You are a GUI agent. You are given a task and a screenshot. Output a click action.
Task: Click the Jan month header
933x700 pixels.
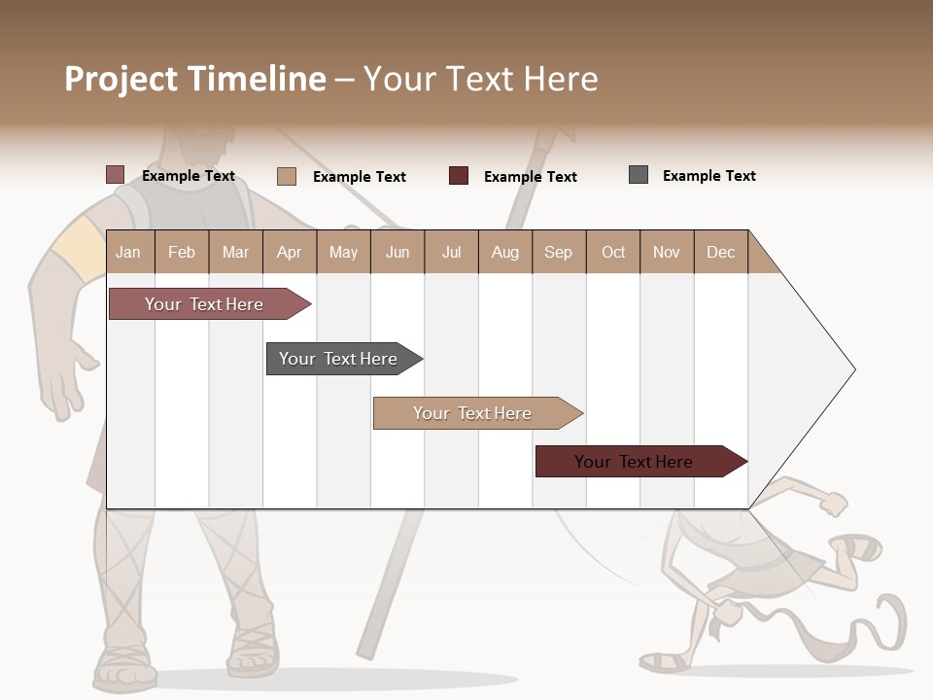[129, 252]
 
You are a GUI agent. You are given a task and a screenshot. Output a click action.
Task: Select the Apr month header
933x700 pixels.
[290, 252]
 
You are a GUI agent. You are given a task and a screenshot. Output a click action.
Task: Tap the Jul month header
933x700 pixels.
[451, 252]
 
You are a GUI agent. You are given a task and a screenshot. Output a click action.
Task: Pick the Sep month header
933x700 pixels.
[558, 252]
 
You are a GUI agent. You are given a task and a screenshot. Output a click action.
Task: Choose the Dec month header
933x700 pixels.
[720, 252]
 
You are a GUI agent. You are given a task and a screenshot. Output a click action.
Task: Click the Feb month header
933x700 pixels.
[182, 252]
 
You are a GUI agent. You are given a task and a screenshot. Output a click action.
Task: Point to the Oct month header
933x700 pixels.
[613, 252]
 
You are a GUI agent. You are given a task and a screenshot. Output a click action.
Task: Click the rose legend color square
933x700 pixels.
[116, 175]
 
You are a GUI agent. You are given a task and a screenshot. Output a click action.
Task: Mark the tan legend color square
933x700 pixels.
[287, 176]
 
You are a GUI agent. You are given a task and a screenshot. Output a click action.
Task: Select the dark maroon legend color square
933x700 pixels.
[459, 176]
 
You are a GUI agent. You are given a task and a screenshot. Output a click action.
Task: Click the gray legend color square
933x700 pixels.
[639, 175]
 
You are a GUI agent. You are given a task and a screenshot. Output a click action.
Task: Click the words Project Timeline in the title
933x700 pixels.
[195, 79]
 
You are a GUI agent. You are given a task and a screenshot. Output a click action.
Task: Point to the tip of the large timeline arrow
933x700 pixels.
[852, 369]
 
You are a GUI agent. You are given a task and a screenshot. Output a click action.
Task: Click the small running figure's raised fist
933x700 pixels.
[833, 504]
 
